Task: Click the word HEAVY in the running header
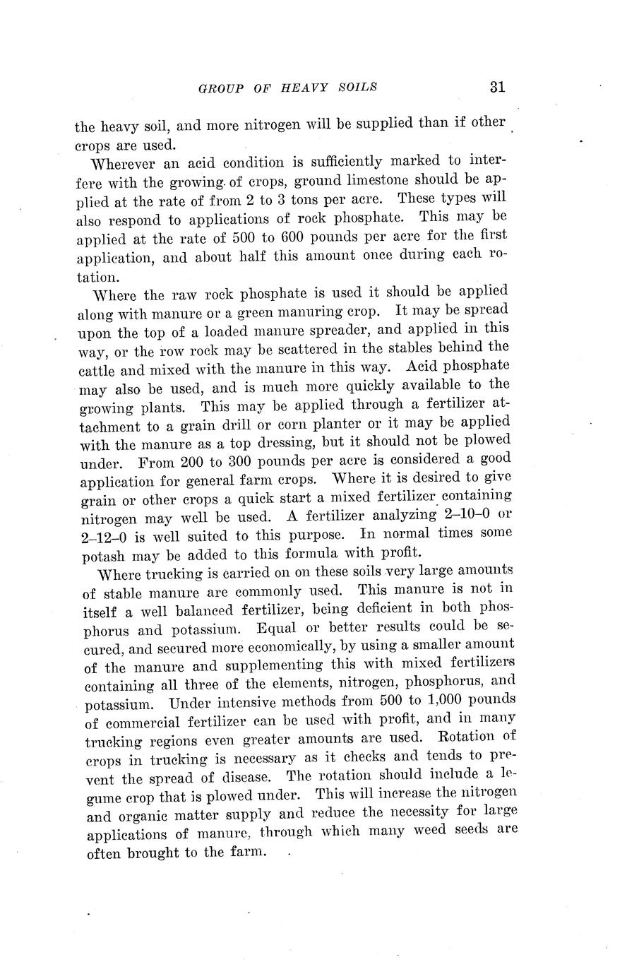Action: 305,88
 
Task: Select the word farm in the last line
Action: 246,852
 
